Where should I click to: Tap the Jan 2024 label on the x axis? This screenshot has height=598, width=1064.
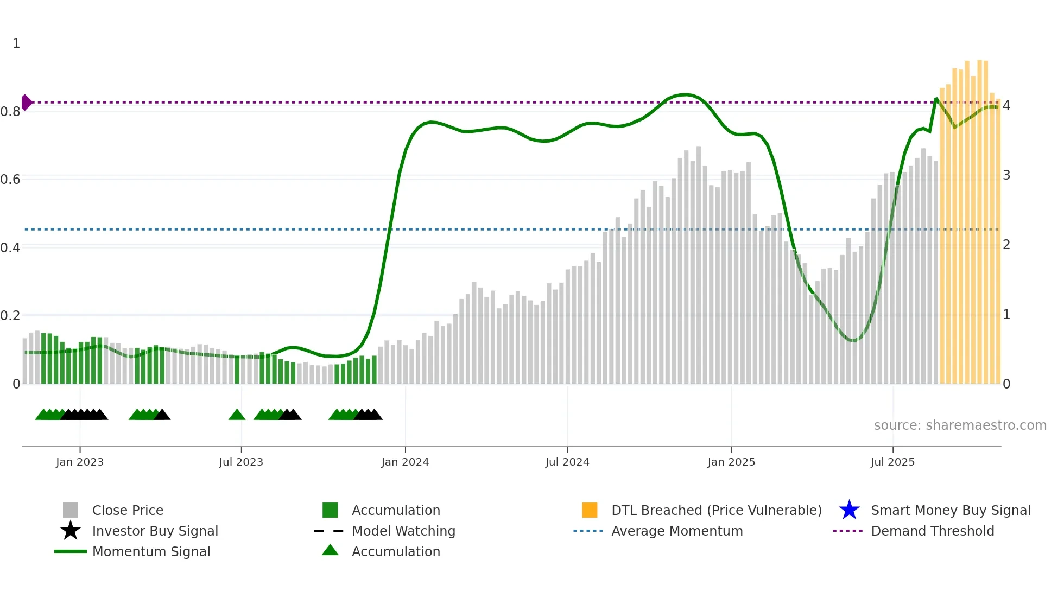click(405, 462)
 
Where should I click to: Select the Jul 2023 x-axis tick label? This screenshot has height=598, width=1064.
click(241, 462)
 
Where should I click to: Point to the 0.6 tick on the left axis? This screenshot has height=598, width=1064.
click(10, 180)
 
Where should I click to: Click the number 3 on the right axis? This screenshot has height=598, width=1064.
click(1006, 175)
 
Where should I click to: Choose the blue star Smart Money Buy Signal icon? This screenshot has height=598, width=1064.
click(849, 510)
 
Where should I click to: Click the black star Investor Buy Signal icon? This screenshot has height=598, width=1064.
click(71, 531)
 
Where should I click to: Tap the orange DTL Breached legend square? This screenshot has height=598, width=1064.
click(590, 510)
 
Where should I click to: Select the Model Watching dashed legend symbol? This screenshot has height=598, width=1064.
click(329, 531)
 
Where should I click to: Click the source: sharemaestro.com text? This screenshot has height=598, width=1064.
click(960, 425)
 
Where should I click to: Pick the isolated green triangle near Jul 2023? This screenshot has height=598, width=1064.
click(237, 415)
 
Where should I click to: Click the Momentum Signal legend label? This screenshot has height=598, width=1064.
click(151, 551)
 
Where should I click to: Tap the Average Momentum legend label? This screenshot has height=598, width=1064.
click(677, 531)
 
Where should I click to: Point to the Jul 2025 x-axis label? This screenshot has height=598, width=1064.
click(892, 462)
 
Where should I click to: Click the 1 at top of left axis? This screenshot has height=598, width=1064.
click(16, 43)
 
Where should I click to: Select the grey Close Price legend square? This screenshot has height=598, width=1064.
click(71, 510)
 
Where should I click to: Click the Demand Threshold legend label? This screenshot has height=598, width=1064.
click(932, 531)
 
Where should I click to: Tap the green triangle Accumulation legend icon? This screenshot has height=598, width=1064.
click(330, 550)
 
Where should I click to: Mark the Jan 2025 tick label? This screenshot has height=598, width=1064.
click(731, 462)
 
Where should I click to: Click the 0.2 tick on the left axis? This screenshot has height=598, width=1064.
click(10, 316)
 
